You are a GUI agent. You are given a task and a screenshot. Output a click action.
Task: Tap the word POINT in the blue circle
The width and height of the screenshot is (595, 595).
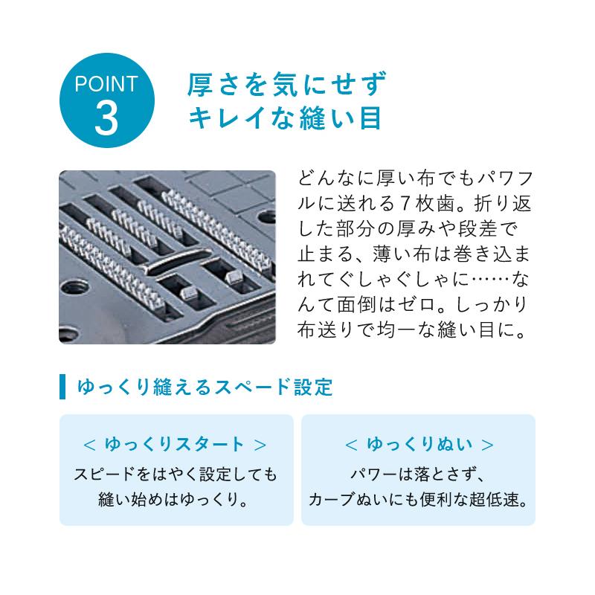pos(106,83)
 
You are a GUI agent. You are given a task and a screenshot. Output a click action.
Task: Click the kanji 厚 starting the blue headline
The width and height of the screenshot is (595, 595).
pos(200,85)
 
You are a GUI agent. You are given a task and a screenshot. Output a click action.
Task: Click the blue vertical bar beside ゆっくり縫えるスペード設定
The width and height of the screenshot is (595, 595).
pos(62,387)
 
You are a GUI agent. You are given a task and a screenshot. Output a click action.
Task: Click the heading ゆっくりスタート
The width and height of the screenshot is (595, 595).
pos(176,445)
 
